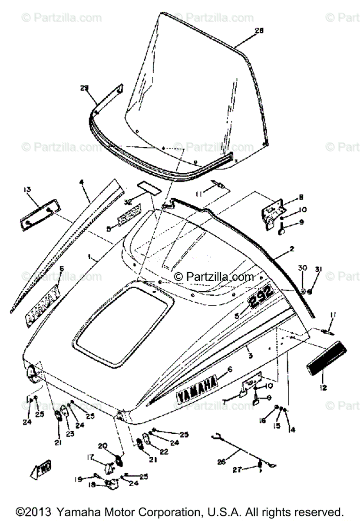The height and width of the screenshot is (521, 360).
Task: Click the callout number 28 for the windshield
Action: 259,30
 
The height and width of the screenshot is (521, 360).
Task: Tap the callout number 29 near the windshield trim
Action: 84,88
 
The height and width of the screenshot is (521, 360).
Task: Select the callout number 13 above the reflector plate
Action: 27,189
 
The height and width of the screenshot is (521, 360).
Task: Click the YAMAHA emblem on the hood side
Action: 197,390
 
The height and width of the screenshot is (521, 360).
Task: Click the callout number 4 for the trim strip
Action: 81,182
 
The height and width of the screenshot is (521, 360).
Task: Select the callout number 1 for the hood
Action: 88,257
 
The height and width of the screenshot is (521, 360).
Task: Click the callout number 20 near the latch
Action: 102,445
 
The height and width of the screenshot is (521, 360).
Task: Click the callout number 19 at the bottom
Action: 78,479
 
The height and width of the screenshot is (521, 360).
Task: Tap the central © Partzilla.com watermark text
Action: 215,277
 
